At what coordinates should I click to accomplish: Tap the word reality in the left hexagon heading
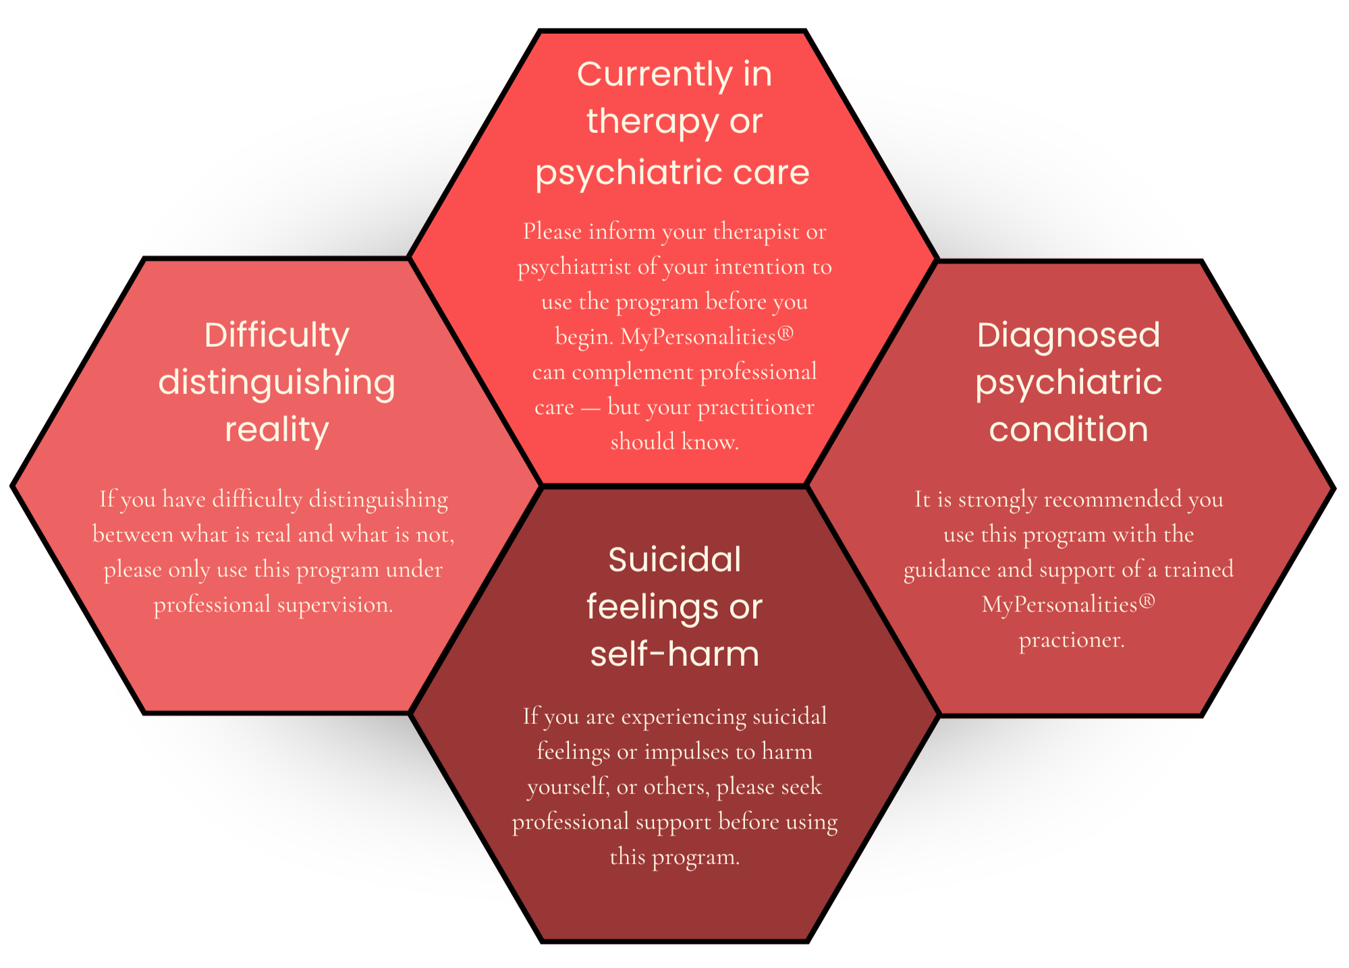tap(277, 430)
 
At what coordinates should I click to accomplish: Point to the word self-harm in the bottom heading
tap(675, 653)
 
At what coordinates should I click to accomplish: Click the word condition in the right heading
tap(1068, 429)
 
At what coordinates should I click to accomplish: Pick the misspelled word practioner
tap(1071, 640)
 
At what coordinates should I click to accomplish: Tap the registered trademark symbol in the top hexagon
tap(786, 333)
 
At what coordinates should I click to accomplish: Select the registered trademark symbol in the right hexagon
tap(1147, 600)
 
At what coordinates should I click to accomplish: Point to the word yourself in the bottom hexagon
tap(568, 787)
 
